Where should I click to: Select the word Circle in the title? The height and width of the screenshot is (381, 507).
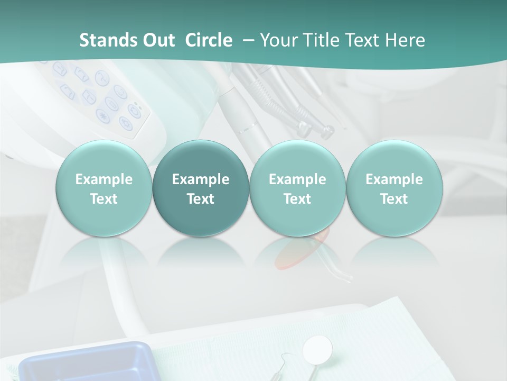coord(209,40)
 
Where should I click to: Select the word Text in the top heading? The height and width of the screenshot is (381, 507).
coord(361,40)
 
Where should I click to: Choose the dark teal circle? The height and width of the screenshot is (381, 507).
coord(201,188)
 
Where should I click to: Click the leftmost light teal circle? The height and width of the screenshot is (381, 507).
coord(104,188)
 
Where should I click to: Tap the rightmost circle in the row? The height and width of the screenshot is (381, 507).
coord(394,188)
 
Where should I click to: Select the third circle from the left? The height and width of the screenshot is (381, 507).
coord(297,188)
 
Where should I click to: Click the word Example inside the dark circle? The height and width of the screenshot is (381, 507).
coord(201,179)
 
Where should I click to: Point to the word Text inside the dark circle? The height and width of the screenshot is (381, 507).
coord(201,199)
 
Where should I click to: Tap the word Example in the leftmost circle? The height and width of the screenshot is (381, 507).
coord(104,179)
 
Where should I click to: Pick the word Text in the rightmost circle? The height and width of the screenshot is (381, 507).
coord(394,199)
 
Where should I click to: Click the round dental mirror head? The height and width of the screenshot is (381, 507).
coord(318,349)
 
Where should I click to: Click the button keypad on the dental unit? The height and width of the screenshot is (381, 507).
coord(106,98)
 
